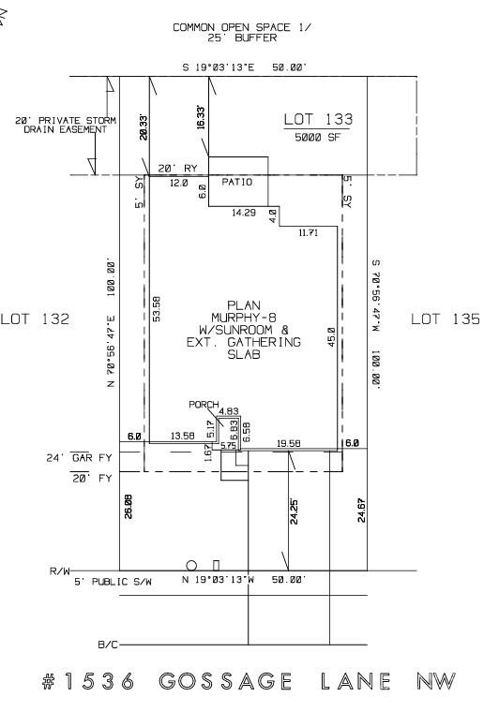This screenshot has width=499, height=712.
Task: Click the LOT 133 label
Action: [318, 119]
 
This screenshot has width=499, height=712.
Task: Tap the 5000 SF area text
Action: [317, 137]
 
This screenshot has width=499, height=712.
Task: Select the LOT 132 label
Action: [35, 319]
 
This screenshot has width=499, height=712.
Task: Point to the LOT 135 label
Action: [446, 319]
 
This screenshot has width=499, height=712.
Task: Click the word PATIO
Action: [236, 182]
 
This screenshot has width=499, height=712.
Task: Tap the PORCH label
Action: [204, 404]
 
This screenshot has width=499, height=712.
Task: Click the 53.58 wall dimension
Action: [157, 309]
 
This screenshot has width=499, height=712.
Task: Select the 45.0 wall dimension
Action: [331, 337]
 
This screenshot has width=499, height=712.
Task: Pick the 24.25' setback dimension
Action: [294, 512]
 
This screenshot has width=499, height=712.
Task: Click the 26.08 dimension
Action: [129, 506]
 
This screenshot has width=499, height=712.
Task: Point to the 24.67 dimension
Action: [361, 510]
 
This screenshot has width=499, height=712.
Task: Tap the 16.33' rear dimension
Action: [201, 118]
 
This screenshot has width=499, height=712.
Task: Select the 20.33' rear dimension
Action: [144, 126]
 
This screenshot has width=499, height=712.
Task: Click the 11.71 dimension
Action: [309, 233]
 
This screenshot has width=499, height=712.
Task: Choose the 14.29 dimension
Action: [244, 212]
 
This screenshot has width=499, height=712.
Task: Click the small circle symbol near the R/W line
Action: [191, 566]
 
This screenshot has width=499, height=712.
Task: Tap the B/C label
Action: [108, 645]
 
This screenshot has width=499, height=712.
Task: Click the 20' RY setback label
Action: [177, 169]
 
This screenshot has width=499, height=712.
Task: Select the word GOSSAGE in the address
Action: [225, 681]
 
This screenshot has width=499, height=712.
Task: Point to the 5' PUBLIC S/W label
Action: [113, 582]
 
